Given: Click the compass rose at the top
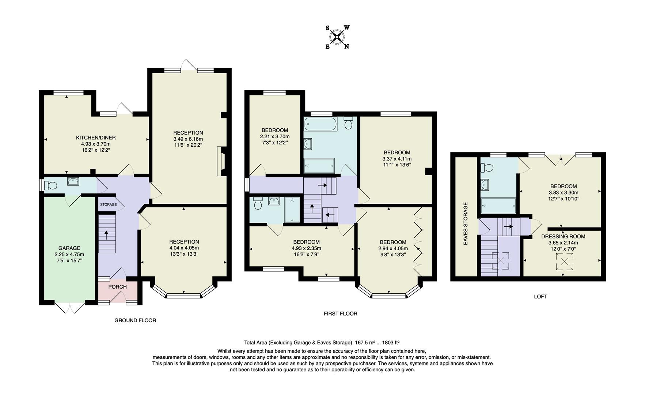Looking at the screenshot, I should tap(337, 37).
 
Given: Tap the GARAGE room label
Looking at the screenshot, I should tap(69, 248).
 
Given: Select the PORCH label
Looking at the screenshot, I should tap(117, 287).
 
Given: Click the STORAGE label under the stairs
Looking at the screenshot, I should tap(108, 204).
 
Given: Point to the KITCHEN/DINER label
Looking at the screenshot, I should tap(96, 138).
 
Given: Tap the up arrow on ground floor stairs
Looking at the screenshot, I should tap(107, 235).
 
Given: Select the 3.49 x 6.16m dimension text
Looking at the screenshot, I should tap(188, 139).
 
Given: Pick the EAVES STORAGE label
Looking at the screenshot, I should tap(466, 223).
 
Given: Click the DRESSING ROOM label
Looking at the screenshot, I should tap(563, 236).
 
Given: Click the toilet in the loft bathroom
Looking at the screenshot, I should tap(487, 168).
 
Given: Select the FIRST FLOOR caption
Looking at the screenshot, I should tap(340, 313).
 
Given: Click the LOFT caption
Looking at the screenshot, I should tap(540, 297).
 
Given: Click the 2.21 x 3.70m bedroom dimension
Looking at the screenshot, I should tap(274, 136).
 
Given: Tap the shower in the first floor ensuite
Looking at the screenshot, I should tap(292, 210).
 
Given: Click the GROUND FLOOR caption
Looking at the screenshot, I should tap(135, 320).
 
